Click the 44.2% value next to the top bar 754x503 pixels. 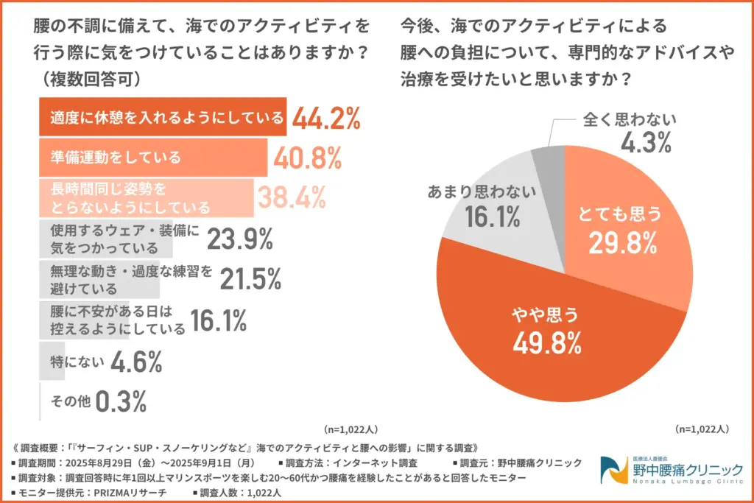click(325, 119)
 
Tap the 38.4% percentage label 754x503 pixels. click(291, 197)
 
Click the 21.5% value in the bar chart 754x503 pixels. click(250, 278)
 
